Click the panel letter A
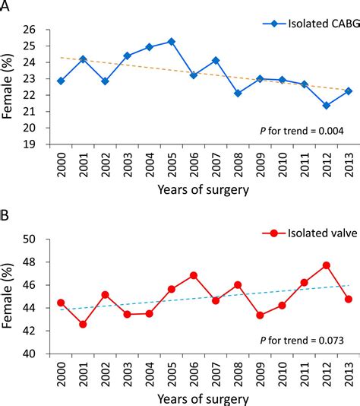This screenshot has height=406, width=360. click(x=6, y=7)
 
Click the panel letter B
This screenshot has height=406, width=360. click(x=6, y=214)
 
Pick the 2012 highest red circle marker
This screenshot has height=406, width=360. click(x=326, y=265)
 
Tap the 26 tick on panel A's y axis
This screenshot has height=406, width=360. click(x=30, y=30)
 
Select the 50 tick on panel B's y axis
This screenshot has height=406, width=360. click(x=30, y=239)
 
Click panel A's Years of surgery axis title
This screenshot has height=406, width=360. click(x=204, y=192)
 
